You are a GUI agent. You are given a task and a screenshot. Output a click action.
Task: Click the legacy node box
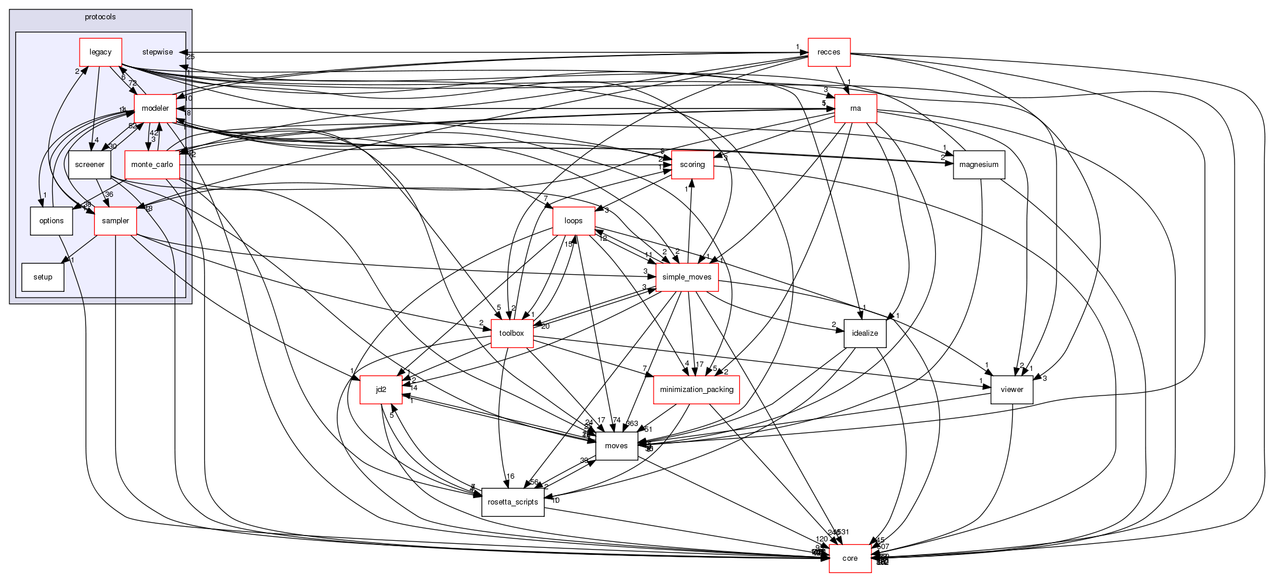(x=100, y=52)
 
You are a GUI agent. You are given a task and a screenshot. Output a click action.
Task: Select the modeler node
(x=155, y=108)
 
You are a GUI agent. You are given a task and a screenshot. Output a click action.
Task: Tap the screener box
(x=90, y=165)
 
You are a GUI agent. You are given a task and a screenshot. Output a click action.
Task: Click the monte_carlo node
(x=152, y=165)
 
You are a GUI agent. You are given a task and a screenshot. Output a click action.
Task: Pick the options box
(x=52, y=221)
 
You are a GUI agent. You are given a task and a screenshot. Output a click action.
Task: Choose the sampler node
(x=115, y=221)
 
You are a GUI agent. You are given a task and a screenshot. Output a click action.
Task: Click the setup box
(x=43, y=277)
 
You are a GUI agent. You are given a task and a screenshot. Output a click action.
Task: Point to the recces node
(x=829, y=52)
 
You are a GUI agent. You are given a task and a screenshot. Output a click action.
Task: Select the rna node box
(x=856, y=108)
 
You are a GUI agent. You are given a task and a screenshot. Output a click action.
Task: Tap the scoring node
(x=692, y=165)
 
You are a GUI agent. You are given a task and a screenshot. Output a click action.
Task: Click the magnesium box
(x=979, y=165)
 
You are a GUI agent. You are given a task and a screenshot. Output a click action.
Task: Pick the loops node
(x=573, y=221)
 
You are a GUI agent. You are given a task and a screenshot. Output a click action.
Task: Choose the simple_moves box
(x=687, y=277)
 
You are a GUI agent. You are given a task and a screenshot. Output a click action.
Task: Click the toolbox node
(x=511, y=333)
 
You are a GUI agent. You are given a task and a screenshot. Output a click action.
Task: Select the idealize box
(x=865, y=333)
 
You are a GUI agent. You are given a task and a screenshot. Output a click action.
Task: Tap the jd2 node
(x=381, y=390)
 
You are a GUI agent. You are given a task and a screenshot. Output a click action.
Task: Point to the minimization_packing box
(x=696, y=390)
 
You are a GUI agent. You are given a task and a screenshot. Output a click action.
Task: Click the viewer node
(x=1011, y=390)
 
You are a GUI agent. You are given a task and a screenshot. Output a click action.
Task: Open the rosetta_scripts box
(x=512, y=502)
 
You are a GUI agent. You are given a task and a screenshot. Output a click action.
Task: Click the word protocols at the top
(x=100, y=17)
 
